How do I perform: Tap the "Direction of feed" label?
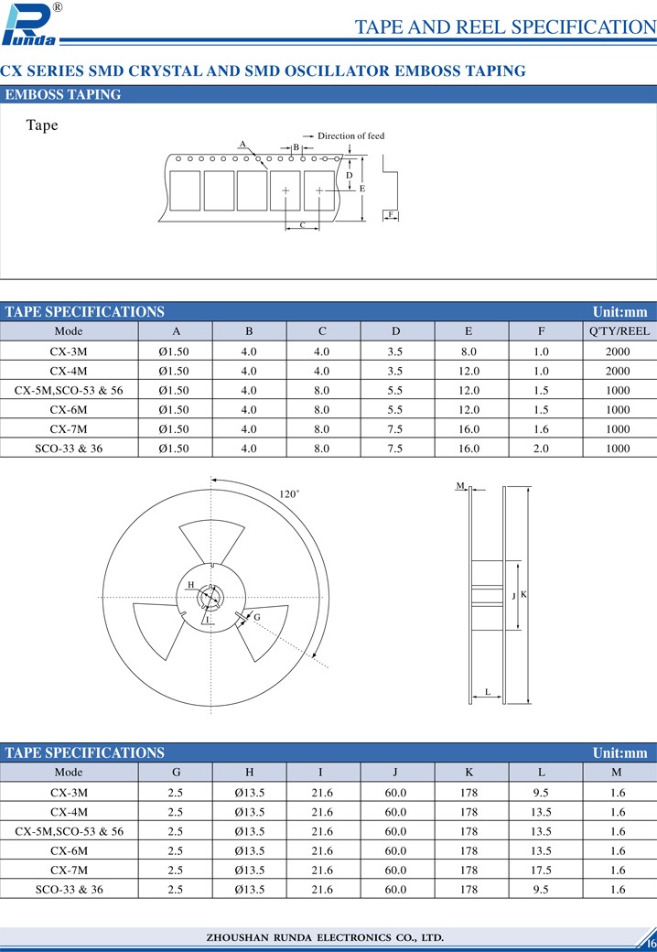(x=350, y=136)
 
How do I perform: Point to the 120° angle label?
(x=289, y=494)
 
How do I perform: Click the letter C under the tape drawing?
(x=303, y=225)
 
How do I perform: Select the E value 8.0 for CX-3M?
(x=469, y=352)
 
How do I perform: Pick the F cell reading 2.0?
(x=542, y=449)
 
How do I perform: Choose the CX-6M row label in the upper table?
(x=69, y=410)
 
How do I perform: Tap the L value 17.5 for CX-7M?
(x=542, y=870)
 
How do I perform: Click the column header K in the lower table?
(x=469, y=773)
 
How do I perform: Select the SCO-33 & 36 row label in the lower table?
(x=69, y=889)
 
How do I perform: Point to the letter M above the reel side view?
(x=460, y=485)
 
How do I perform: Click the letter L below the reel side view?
(x=488, y=692)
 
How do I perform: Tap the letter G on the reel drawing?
(x=257, y=618)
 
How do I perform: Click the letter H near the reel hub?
(x=190, y=584)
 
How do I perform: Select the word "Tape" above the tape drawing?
(x=42, y=125)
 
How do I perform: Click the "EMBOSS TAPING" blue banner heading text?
(x=63, y=94)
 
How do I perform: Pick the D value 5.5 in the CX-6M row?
(x=395, y=410)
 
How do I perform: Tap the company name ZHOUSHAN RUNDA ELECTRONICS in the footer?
(x=325, y=937)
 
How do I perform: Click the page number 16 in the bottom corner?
(x=651, y=944)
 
